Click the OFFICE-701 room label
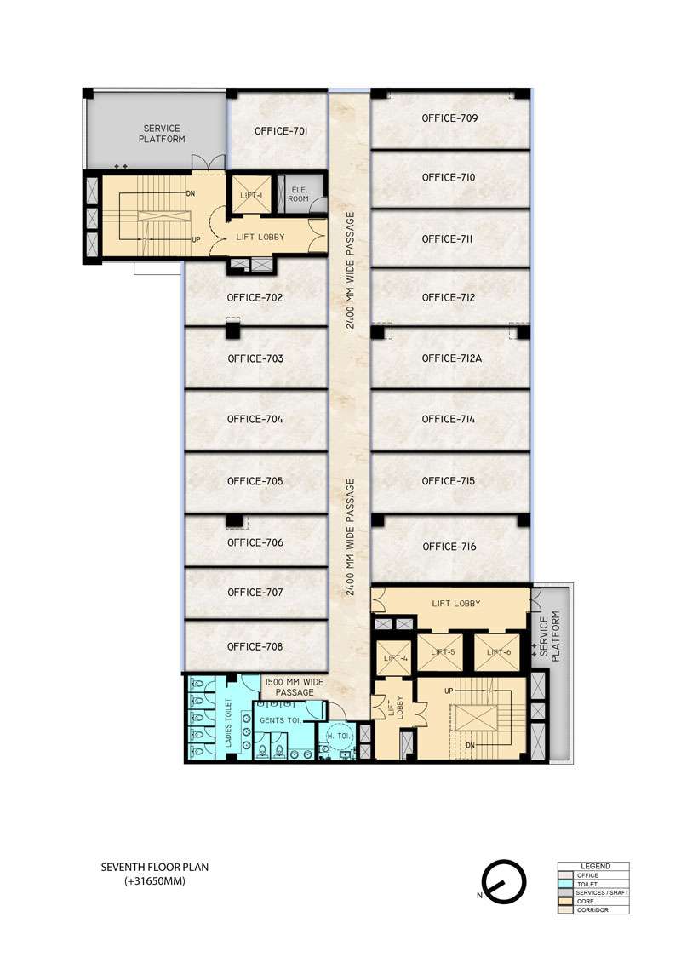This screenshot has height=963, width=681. tap(280, 132)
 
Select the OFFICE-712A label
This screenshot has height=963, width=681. tap(452, 358)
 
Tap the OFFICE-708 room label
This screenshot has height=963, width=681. tap(255, 646)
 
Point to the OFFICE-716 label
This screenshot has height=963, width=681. tap(449, 547)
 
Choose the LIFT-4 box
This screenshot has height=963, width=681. tap(395, 657)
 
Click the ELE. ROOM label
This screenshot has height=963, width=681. tap(298, 194)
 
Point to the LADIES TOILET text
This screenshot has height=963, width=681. tap(229, 724)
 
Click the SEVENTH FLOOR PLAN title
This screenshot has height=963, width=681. tap(154, 868)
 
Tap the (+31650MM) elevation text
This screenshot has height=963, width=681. tap(154, 881)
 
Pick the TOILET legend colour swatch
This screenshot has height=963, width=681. tap(566, 884)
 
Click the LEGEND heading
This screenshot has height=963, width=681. tap(594, 866)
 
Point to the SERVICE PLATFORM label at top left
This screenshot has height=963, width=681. tap(163, 133)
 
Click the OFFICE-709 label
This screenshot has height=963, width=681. tap(449, 118)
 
